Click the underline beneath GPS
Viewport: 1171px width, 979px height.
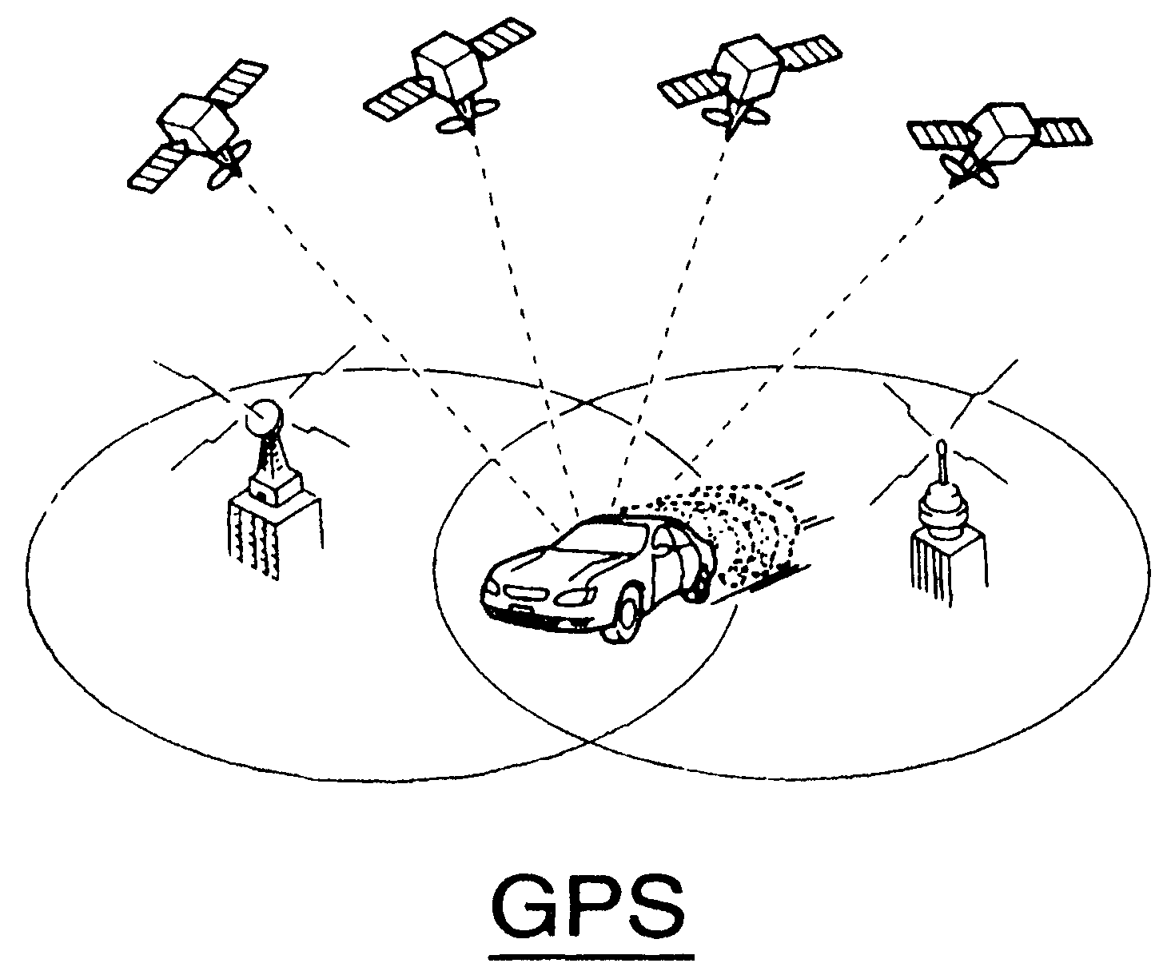(x=591, y=957)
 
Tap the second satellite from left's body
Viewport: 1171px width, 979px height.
(x=448, y=66)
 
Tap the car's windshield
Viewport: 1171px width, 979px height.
(x=595, y=539)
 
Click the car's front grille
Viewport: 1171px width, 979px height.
(x=525, y=593)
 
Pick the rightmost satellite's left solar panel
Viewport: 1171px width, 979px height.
(x=940, y=138)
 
